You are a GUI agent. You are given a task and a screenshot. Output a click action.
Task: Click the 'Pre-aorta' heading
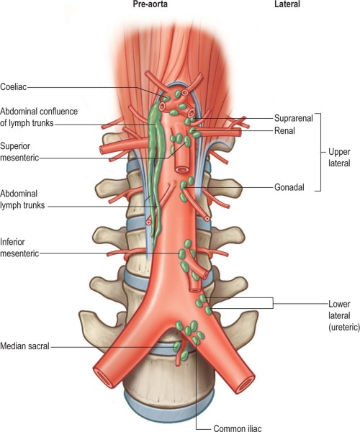tap(150, 4)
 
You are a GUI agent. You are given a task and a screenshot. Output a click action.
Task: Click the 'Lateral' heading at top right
tap(287, 4)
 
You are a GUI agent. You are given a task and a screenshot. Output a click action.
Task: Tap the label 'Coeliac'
tap(14, 87)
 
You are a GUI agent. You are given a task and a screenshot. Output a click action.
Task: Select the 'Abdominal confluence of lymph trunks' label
tap(39, 117)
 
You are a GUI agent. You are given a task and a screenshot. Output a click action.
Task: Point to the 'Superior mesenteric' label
tap(19, 152)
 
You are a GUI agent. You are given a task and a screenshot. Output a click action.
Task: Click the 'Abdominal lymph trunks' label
tap(22, 199)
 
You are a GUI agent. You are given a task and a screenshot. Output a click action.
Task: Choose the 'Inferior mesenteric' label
tap(19, 248)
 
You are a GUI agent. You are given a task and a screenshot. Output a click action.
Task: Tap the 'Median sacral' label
tap(24, 346)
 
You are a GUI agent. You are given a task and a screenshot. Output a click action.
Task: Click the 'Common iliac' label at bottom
tap(238, 428)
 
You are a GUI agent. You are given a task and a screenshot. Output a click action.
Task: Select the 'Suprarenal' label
tap(294, 119)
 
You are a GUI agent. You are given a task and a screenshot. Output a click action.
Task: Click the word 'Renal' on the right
tap(284, 130)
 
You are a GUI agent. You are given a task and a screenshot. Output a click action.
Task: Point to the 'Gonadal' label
tap(289, 187)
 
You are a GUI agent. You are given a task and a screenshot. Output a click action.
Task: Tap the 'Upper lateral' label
tap(339, 157)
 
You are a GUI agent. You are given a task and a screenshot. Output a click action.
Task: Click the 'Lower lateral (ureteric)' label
tap(344, 315)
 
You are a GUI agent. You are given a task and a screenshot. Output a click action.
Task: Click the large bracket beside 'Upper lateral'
tap(320, 152)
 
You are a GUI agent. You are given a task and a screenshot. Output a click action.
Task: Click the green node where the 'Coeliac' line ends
tap(166, 99)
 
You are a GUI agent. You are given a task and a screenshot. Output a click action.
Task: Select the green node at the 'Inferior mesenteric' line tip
tap(181, 253)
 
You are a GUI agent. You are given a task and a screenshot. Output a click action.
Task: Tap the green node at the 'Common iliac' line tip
tap(196, 341)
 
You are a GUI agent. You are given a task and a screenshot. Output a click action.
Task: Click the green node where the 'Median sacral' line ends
tap(176, 346)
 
